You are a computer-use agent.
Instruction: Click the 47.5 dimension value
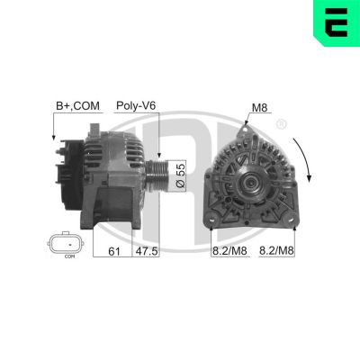[x=147, y=250]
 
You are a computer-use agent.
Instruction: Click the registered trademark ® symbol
[x=282, y=122]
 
